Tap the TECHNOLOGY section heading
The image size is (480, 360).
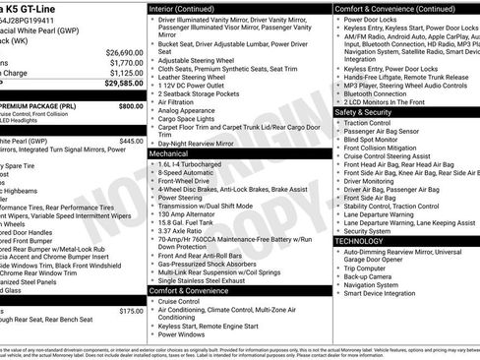tap(360, 240)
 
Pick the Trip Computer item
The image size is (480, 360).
tap(368, 268)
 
